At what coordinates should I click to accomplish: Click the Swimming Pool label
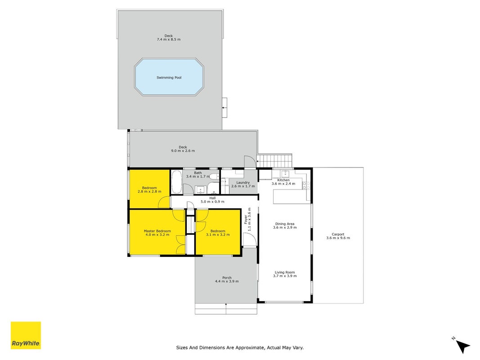[169, 77]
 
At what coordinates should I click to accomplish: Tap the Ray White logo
[26, 335]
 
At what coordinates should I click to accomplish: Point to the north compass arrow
[462, 346]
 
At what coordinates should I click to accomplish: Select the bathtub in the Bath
[176, 182]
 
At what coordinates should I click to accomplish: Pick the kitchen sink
[285, 174]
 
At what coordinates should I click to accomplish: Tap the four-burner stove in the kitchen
[306, 185]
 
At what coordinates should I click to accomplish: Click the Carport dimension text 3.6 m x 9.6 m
[338, 238]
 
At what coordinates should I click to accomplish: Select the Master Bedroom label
[157, 231]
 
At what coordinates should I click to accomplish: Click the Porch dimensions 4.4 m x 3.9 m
[227, 281]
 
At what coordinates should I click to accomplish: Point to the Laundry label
[243, 182]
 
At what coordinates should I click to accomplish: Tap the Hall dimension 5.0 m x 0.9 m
[212, 202]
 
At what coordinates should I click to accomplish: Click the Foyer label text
[246, 219]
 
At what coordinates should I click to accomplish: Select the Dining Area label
[285, 224]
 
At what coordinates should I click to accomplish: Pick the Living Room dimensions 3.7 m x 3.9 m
[285, 276]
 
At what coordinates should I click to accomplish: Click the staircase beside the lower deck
[274, 161]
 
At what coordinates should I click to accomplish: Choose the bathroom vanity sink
[201, 190]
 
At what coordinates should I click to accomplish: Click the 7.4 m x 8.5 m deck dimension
[169, 40]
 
